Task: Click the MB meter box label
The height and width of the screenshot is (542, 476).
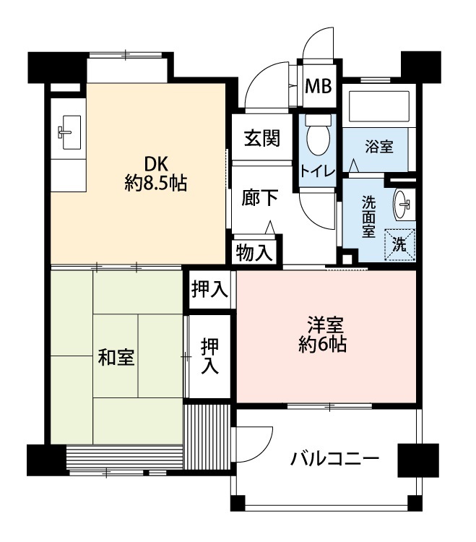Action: [318, 86]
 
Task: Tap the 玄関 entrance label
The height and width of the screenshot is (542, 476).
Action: [261, 138]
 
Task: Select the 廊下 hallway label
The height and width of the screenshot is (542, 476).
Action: [259, 198]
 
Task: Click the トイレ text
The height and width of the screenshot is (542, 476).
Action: [318, 171]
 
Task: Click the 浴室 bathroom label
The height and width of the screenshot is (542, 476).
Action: [379, 147]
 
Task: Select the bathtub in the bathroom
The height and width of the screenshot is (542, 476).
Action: [379, 106]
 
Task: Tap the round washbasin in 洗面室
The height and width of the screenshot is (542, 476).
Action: [402, 204]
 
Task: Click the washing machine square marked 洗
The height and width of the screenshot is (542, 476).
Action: [399, 245]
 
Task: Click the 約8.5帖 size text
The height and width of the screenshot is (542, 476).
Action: [156, 184]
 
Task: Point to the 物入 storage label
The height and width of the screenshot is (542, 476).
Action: [254, 253]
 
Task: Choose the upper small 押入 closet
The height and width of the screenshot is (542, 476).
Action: [209, 289]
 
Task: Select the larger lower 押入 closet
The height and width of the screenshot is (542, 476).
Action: [209, 356]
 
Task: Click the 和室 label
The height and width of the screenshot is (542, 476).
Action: [116, 357]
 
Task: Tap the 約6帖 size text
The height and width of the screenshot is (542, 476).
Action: [323, 344]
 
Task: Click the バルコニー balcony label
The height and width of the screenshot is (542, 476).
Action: [334, 459]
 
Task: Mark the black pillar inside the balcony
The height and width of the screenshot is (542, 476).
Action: [418, 460]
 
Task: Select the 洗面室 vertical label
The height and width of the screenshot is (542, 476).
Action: [368, 217]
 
